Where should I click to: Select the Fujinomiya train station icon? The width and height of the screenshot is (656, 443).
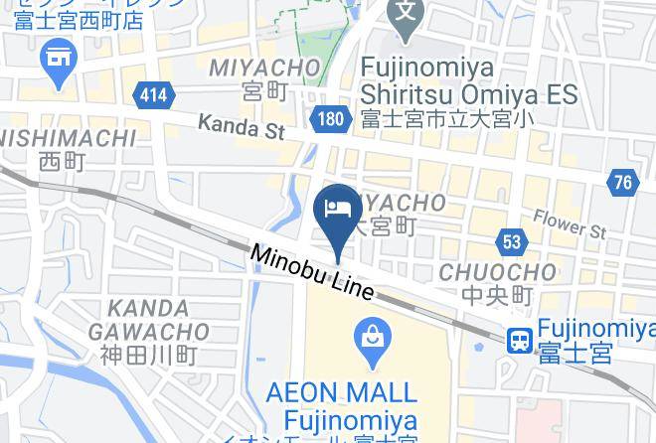(x=519, y=341)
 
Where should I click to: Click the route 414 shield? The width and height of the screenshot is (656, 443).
(x=154, y=95)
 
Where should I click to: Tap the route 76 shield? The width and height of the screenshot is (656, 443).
(x=622, y=182)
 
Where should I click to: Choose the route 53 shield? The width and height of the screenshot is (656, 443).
(x=511, y=241)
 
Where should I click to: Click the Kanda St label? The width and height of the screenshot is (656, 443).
(x=241, y=127)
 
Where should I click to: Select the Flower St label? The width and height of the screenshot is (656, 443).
(x=569, y=223)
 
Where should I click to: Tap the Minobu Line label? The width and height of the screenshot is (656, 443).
(x=312, y=271)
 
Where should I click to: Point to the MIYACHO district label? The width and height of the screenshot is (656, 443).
(x=264, y=68)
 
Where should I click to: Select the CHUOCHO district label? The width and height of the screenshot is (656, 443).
(x=497, y=271)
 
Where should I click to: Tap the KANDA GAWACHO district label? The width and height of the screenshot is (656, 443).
(x=149, y=320)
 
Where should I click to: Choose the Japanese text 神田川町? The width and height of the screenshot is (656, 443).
(x=149, y=355)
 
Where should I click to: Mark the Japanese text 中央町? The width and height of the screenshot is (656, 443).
(x=497, y=295)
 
